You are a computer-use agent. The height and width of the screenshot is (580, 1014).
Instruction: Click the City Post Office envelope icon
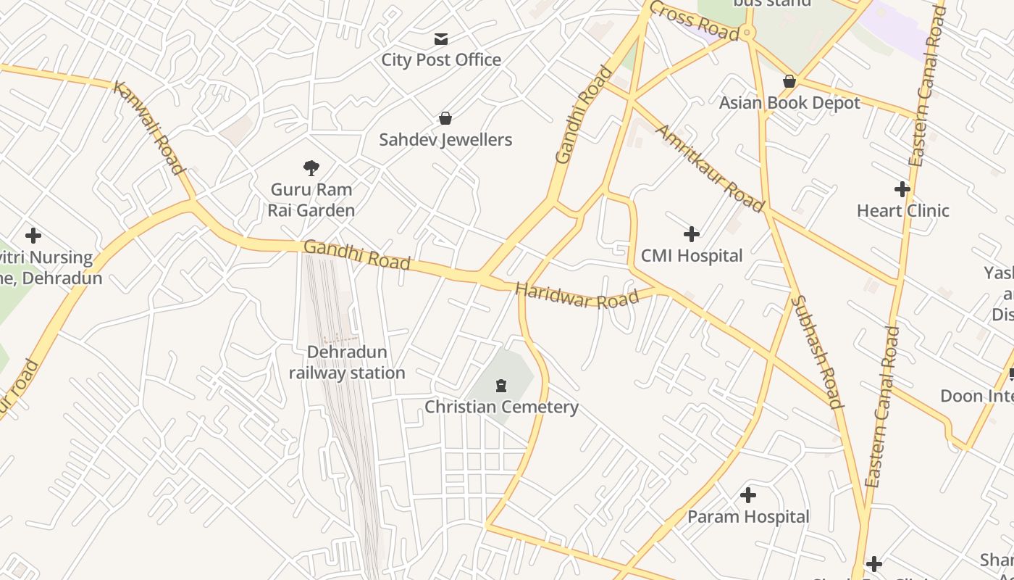pos(441,39)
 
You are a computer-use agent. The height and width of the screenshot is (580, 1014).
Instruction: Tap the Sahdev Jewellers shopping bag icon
pos(445,118)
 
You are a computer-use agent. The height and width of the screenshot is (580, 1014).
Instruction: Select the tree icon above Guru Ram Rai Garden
pos(311,168)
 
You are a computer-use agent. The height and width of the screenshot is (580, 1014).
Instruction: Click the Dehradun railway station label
pos(347,362)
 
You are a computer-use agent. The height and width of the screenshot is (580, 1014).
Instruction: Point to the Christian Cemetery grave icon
pos(500,385)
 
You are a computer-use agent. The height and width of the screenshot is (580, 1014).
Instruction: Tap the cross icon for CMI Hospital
pos(692,233)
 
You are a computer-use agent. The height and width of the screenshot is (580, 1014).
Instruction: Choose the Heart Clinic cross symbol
pos(902,189)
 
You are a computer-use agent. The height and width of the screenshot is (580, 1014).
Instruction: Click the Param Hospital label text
pos(748,517)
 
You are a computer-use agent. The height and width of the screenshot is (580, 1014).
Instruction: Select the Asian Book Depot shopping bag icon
pos(789,81)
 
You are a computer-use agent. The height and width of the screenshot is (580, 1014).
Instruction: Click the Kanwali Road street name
pos(148,128)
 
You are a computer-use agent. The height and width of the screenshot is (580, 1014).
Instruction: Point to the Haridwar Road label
pos(577,296)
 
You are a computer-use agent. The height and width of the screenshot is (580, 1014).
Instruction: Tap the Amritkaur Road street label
pos(710,168)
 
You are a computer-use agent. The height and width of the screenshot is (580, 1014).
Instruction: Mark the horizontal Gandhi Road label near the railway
pos(356,254)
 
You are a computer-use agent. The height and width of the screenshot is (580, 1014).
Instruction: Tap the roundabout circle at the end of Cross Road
pos(748,33)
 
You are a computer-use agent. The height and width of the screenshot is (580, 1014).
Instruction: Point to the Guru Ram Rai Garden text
pos(311,200)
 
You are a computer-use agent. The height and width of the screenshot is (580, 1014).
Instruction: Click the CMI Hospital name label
pos(692,256)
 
